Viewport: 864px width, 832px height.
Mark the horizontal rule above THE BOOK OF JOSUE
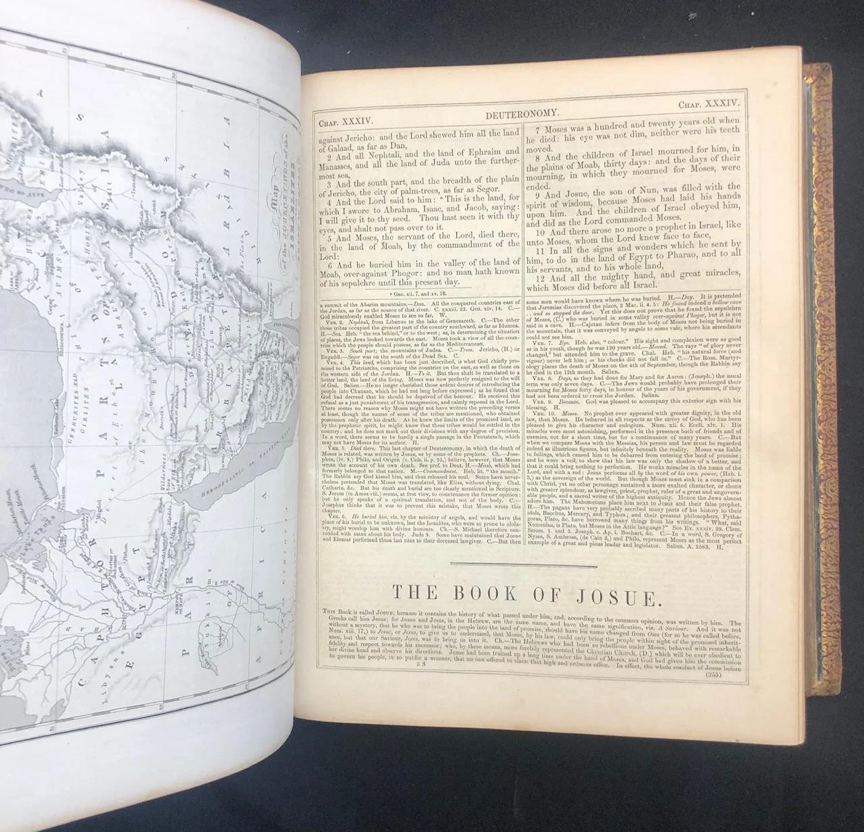[524, 565]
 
